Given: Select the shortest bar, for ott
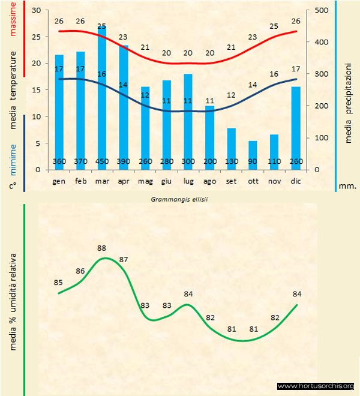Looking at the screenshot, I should [253, 154].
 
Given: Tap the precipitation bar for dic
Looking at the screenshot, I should [296, 126].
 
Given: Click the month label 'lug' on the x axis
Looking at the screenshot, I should [188, 181].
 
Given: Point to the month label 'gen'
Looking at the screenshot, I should [59, 181].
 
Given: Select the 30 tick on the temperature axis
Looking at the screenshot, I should [36, 11].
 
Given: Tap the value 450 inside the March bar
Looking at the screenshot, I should [102, 162].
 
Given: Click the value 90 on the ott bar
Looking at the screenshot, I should [253, 162].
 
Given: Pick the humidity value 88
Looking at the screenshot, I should [101, 248].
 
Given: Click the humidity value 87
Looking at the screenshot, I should [124, 259].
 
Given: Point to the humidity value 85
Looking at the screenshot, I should [58, 283].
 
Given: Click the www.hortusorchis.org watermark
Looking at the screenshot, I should [317, 386].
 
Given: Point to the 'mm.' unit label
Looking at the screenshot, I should [347, 186].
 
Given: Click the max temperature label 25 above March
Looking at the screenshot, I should [102, 26].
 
